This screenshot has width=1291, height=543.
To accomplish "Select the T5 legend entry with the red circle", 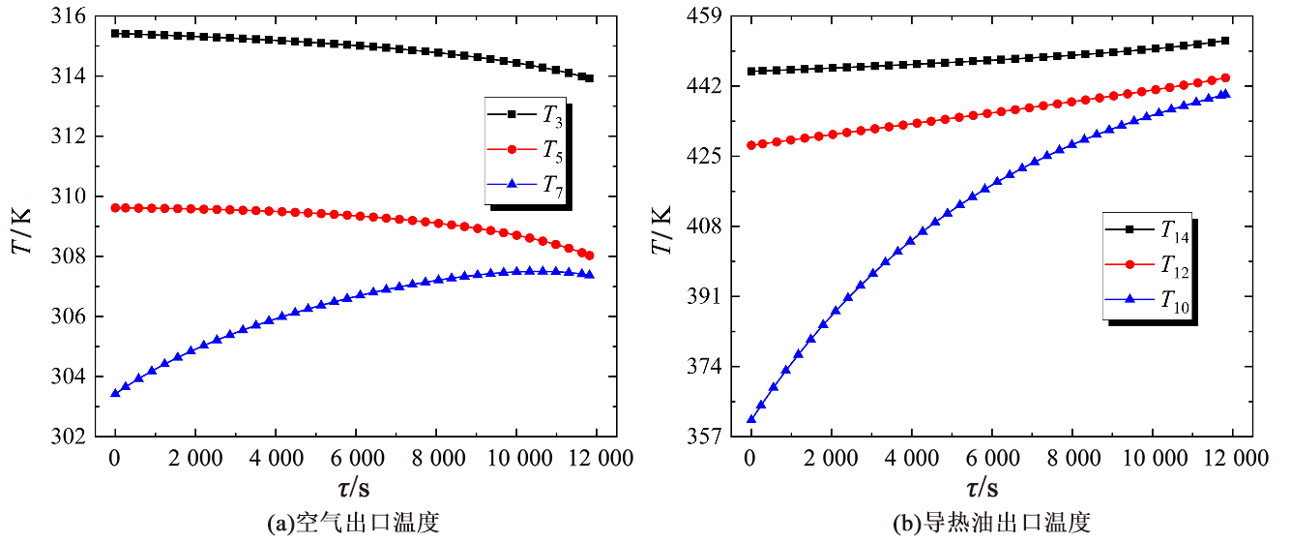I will pyautogui.click(x=527, y=149).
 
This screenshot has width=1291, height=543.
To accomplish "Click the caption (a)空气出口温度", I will pyautogui.click(x=353, y=524).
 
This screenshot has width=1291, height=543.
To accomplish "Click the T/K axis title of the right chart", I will pyautogui.click(x=662, y=228).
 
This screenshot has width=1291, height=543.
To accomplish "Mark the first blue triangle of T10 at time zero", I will pyautogui.click(x=751, y=418).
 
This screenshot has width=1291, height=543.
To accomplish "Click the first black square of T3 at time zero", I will pyautogui.click(x=116, y=33).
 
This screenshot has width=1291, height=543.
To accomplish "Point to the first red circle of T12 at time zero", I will pyautogui.click(x=751, y=145).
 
